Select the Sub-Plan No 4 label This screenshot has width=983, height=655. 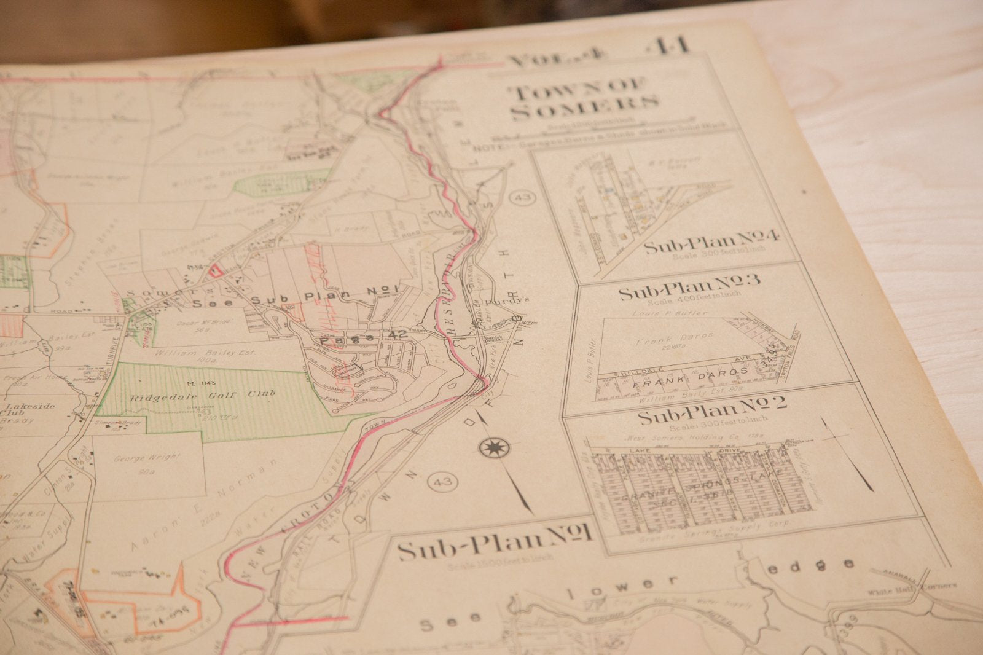pyautogui.click(x=711, y=243)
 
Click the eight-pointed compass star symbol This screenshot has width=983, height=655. pyautogui.click(x=490, y=448)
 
